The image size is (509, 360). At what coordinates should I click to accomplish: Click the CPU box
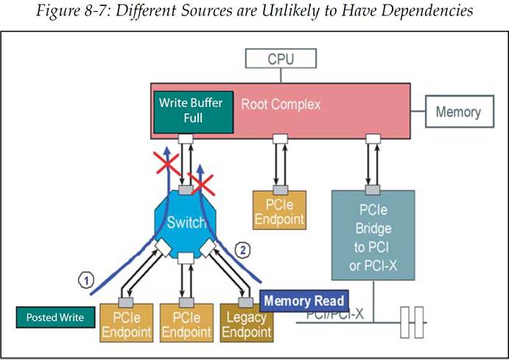(x=281, y=57)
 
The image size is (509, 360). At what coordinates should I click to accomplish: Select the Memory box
(x=457, y=113)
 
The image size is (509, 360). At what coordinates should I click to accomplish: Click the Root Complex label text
(x=281, y=105)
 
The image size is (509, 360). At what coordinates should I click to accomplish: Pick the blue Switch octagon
(x=186, y=222)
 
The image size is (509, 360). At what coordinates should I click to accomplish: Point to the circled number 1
(x=86, y=280)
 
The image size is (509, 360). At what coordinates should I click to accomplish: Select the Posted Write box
(x=55, y=318)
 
